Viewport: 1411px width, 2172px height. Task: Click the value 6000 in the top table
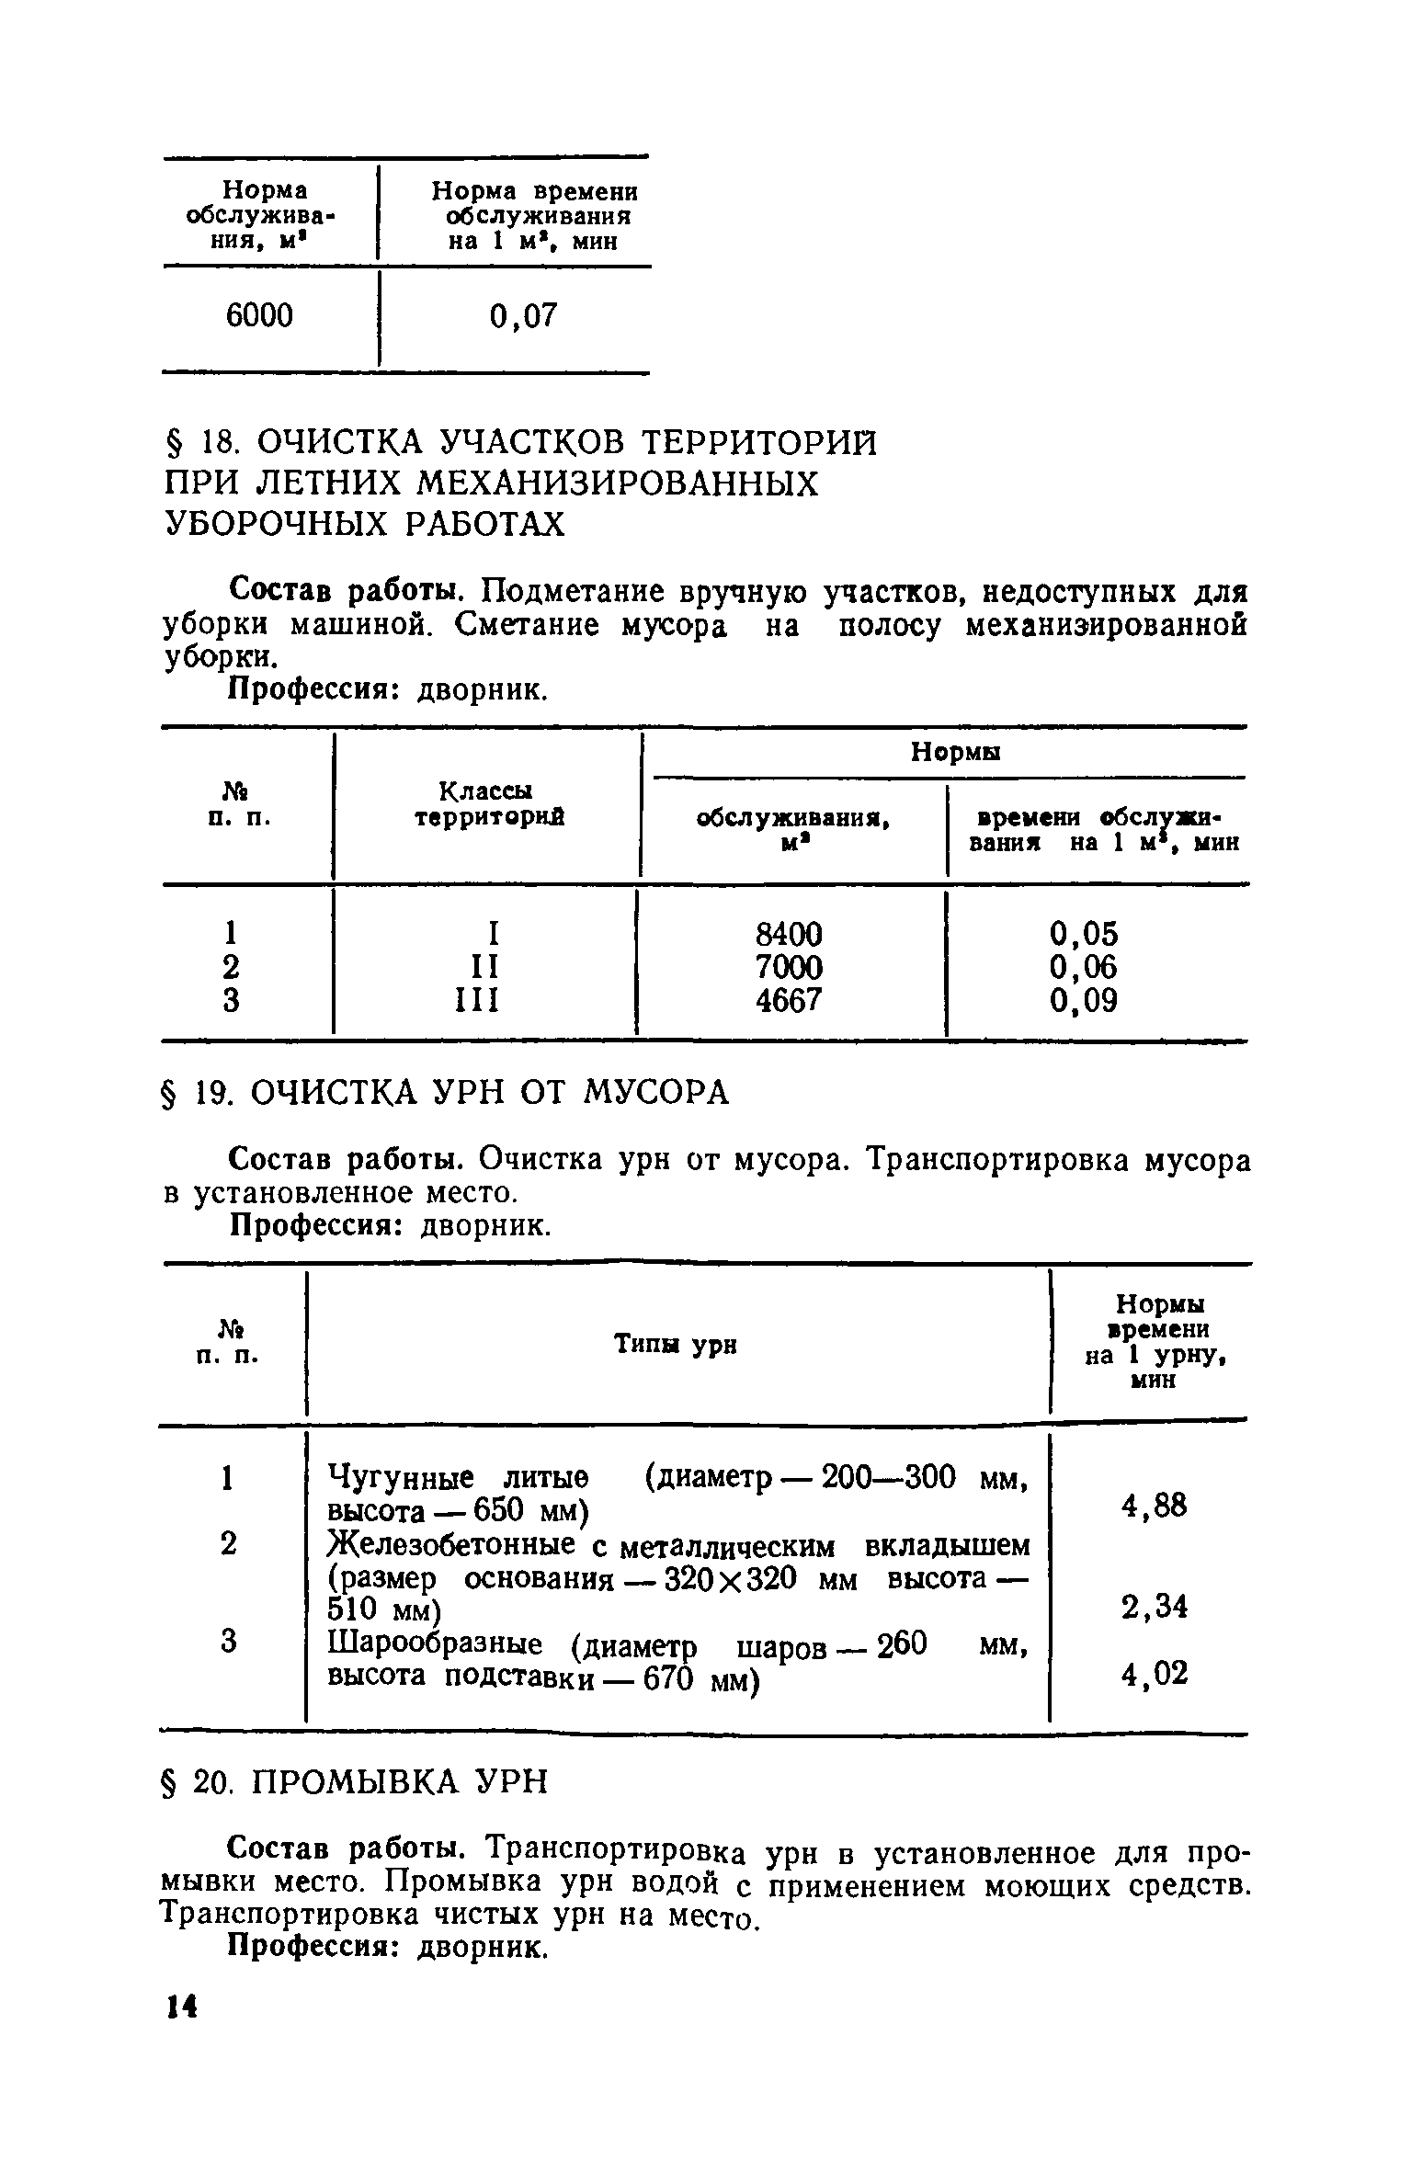tap(259, 316)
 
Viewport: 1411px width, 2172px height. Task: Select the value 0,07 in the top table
tap(523, 317)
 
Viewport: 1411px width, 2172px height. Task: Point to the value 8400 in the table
tap(788, 935)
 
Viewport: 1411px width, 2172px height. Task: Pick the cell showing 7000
tap(788, 967)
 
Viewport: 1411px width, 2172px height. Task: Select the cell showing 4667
tap(788, 1000)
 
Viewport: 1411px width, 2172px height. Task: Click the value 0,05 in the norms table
tap(1084, 935)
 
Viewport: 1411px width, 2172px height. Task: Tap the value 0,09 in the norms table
tap(1084, 1000)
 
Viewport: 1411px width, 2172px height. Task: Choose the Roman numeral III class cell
tap(477, 1000)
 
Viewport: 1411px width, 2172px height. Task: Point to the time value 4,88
tap(1154, 1506)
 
